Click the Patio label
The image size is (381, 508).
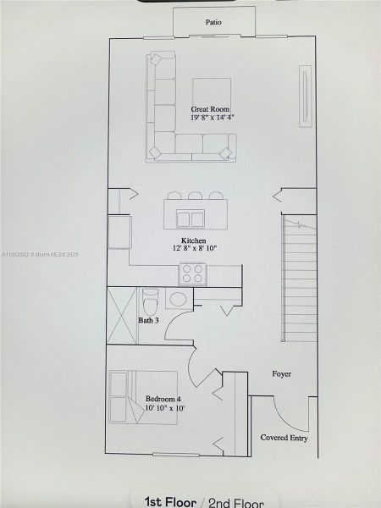click(213, 23)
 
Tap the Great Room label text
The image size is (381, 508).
click(210, 109)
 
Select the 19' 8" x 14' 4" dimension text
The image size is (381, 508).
click(211, 119)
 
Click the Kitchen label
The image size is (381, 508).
click(193, 240)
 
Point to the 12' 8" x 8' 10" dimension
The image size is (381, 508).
click(193, 249)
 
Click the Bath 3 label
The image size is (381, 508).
click(148, 320)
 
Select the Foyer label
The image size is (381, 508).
click(281, 373)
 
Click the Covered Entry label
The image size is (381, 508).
click(284, 438)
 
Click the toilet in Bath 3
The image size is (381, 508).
click(150, 300)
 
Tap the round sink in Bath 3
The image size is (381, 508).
click(179, 299)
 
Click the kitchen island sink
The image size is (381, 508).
click(190, 218)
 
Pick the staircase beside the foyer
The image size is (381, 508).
click(299, 279)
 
